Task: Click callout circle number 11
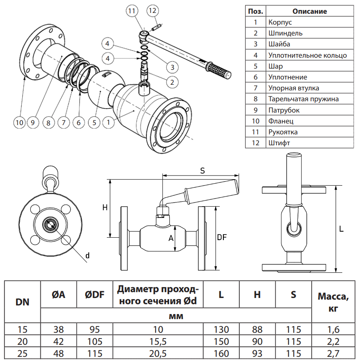[x=132, y=11]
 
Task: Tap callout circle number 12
[x=152, y=11]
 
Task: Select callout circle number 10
[x=19, y=121]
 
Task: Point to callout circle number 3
[x=172, y=67]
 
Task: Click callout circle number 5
[x=94, y=121]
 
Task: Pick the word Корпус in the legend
[x=280, y=23]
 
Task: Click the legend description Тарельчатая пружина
[x=303, y=99]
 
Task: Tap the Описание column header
[x=310, y=11]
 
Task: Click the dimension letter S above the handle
[x=202, y=171]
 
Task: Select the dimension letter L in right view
[x=341, y=229]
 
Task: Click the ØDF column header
[x=95, y=295]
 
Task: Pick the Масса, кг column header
[x=333, y=302]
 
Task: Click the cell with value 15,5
[x=158, y=341]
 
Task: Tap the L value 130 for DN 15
[x=221, y=329]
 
